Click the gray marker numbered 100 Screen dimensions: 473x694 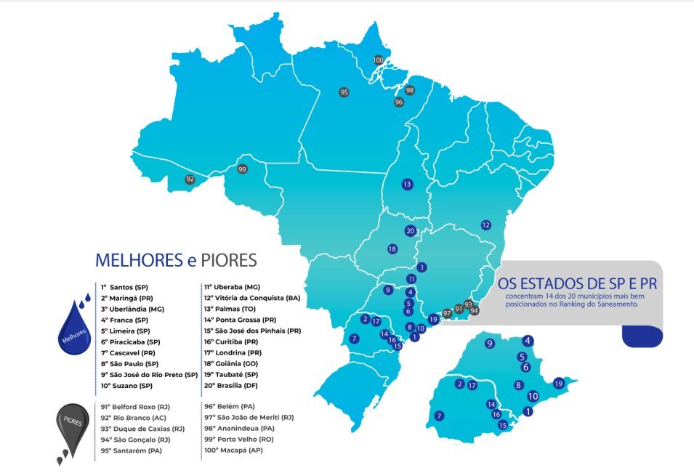tap(378, 60)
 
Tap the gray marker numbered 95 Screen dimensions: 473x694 tap(344, 92)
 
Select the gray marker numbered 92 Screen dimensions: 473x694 tap(190, 179)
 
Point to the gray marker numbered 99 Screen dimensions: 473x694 tap(242, 169)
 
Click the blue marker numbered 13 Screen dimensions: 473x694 tap(407, 184)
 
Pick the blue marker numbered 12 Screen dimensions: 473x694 tap(485, 225)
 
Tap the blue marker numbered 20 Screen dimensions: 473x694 tap(410, 231)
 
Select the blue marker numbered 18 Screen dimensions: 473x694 tap(392, 249)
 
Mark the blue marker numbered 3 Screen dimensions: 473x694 tap(421, 267)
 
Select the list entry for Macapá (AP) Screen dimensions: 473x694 tap(233, 450)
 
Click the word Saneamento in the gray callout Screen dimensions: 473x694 tap(616, 305)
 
